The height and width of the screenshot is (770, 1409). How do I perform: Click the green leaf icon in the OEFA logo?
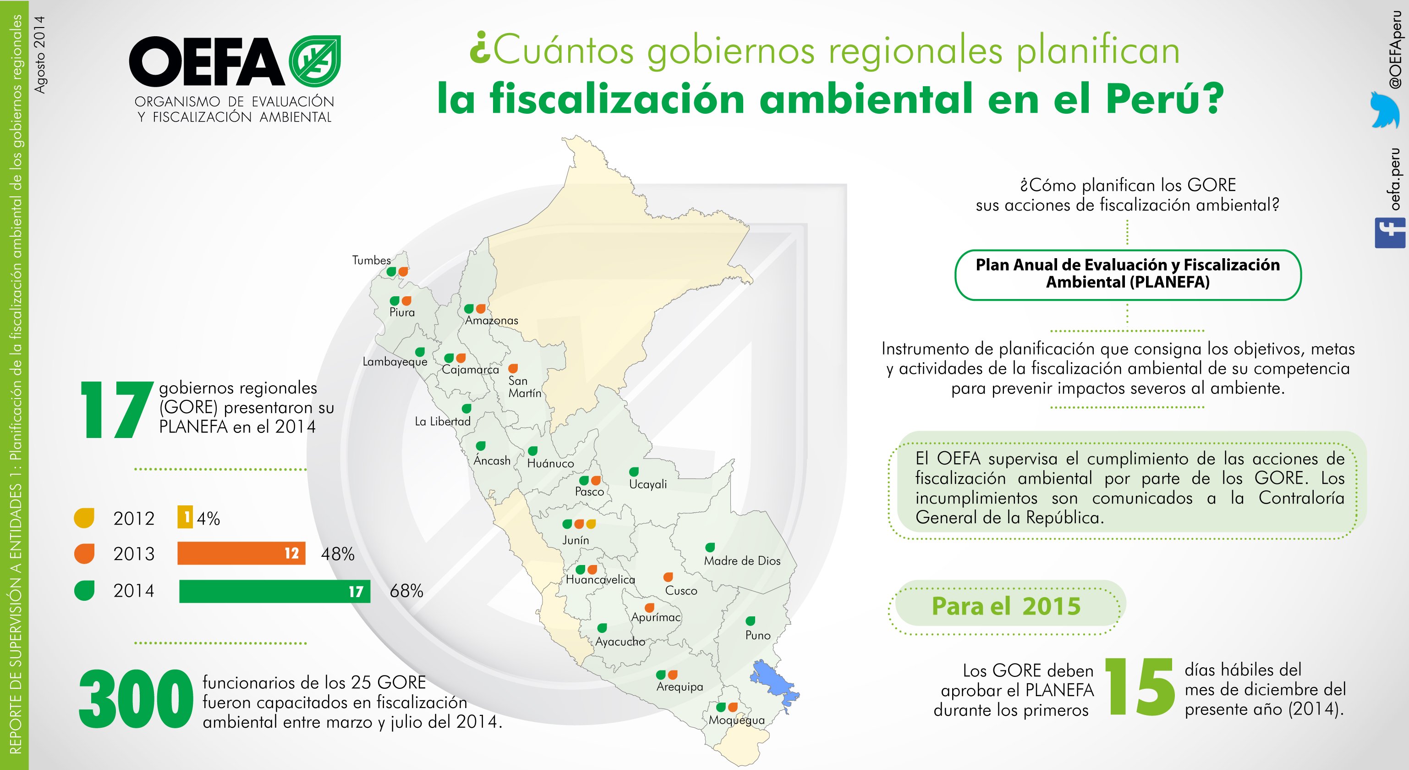(x=314, y=61)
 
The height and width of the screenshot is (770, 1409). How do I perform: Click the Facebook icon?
(x=1390, y=233)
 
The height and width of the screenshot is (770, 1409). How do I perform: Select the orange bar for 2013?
(x=241, y=553)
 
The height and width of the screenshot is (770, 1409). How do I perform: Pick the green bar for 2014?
(x=274, y=591)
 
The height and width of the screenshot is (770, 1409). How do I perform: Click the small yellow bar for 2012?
(x=185, y=517)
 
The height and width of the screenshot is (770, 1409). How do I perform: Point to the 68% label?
(x=406, y=591)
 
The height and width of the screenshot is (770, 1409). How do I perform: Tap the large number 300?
(x=136, y=699)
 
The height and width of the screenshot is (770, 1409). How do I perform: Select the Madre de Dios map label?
(x=742, y=561)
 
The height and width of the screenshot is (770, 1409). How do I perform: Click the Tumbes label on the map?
(x=372, y=260)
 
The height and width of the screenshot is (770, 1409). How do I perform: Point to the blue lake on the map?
(x=774, y=685)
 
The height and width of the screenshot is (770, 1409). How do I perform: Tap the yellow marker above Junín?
(x=591, y=524)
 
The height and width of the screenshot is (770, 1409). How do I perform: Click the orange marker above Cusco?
(x=668, y=577)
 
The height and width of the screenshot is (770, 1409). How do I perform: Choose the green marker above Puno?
(x=751, y=620)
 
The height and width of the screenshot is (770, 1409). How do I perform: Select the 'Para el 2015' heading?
(x=1006, y=606)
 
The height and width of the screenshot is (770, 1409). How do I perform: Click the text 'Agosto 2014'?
(x=40, y=54)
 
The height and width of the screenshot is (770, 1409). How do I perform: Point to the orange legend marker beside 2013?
(x=84, y=553)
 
